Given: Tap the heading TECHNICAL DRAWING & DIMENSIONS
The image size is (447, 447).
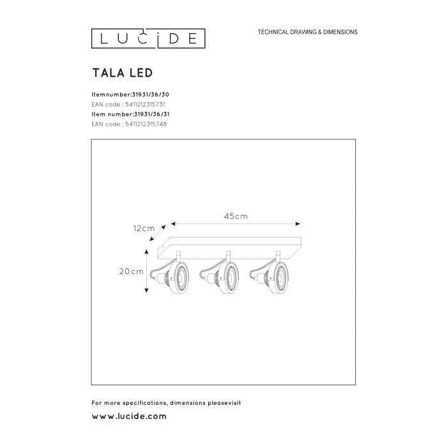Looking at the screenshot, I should pyautogui.click(x=307, y=32).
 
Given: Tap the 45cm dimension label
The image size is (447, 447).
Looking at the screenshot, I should pyautogui.click(x=236, y=216).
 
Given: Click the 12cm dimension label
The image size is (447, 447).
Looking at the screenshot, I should pyautogui.click(x=144, y=228).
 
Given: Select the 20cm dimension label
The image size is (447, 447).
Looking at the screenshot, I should pyautogui.click(x=132, y=271).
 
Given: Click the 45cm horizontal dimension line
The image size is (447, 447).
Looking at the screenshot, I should pyautogui.click(x=236, y=224).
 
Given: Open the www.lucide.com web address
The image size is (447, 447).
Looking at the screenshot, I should pyautogui.click(x=129, y=416).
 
